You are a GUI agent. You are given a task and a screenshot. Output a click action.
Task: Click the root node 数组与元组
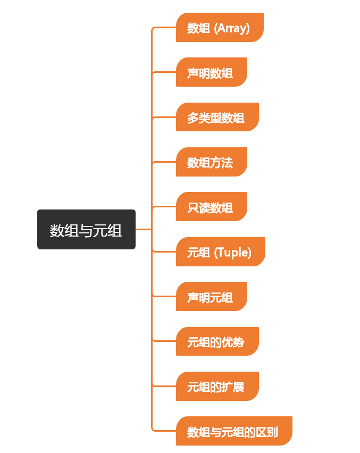[86, 229]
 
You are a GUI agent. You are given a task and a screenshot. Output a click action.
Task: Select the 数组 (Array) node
[219, 28]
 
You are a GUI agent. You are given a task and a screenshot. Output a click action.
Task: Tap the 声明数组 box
[211, 72]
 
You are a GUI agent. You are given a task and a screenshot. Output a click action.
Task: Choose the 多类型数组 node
[217, 117]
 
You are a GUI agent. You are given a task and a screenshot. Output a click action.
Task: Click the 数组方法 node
[211, 162]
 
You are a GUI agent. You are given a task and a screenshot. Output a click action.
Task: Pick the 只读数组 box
[211, 207]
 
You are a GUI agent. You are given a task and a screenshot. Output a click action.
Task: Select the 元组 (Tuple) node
[220, 252]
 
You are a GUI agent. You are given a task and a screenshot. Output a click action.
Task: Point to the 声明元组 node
[211, 297]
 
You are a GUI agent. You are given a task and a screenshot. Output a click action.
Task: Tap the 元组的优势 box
[217, 342]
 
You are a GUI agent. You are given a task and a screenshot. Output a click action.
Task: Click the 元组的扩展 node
[217, 387]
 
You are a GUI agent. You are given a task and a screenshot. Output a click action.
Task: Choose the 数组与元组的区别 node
[233, 431]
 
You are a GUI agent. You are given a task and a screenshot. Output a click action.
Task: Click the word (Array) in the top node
[231, 28]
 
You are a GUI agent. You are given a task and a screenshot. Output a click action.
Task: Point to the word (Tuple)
[232, 252]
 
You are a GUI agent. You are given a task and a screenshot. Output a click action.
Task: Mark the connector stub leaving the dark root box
[143, 229]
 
